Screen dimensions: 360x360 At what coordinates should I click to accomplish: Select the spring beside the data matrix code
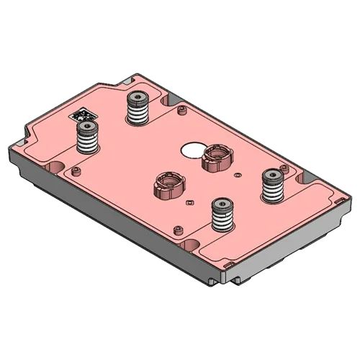[x=88, y=138]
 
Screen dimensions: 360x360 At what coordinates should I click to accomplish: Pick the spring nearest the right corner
[x=273, y=187]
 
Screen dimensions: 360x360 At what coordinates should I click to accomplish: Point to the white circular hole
[x=193, y=149]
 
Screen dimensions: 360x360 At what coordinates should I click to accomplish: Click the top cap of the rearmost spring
[x=136, y=97]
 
